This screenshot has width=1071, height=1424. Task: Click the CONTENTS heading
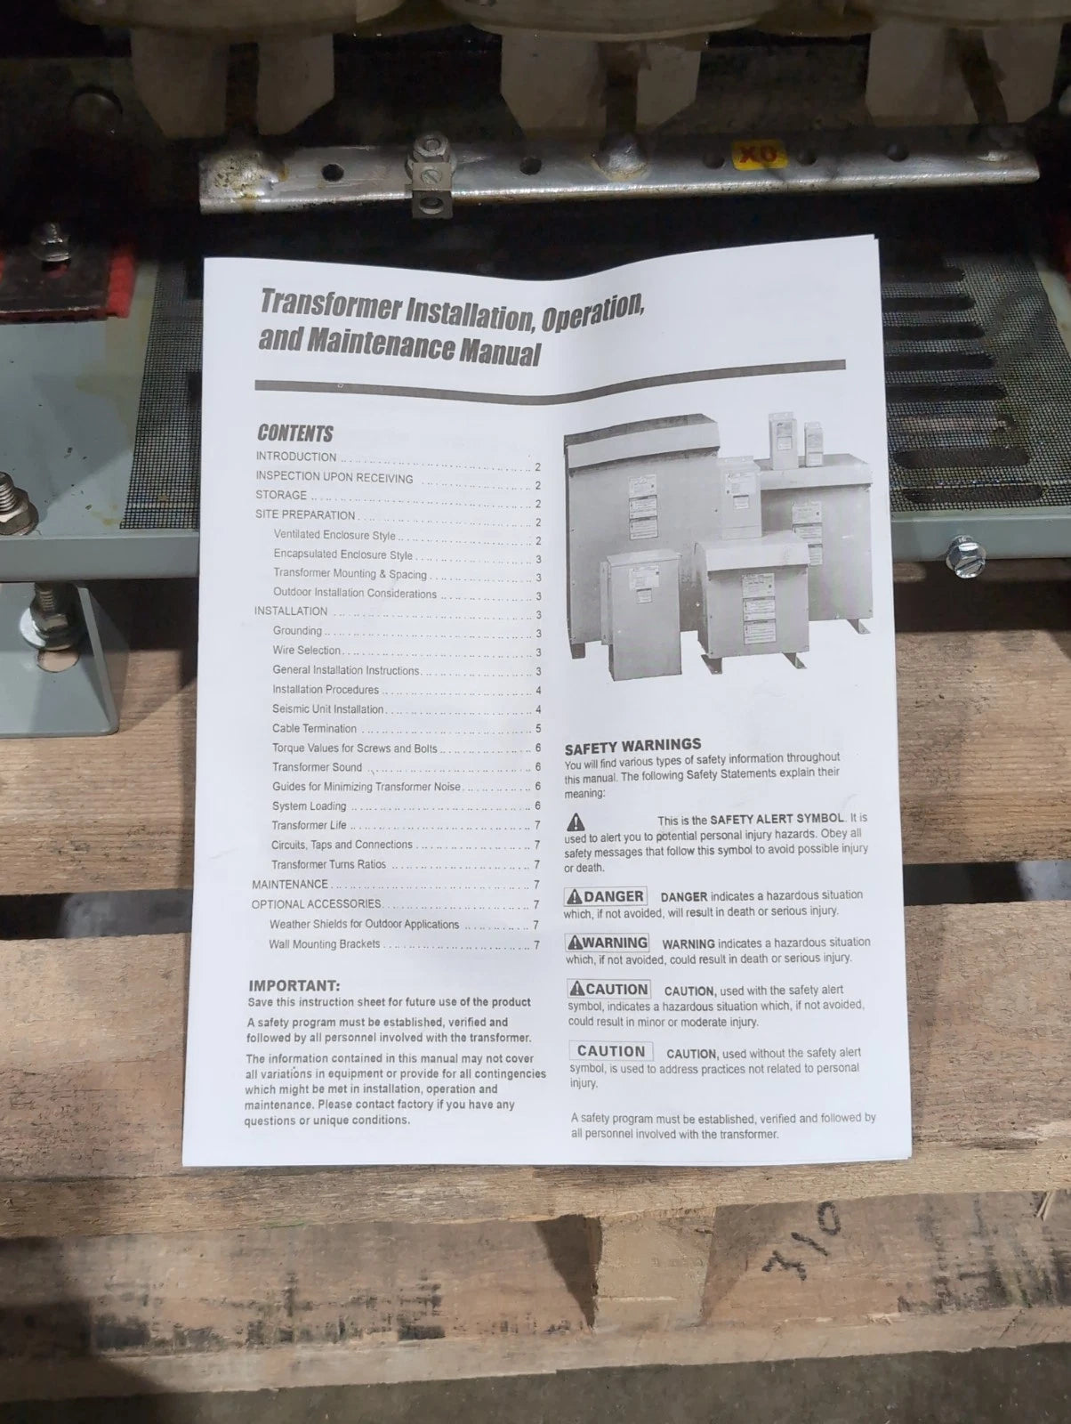[294, 433]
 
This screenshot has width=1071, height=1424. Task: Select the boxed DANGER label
[605, 896]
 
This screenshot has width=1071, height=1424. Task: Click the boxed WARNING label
[608, 943]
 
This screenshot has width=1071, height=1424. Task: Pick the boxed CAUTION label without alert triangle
[610, 1051]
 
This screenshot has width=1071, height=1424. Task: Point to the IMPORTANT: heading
[294, 985]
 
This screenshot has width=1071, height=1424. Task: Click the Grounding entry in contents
[297, 631]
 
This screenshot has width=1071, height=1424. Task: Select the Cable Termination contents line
[314, 728]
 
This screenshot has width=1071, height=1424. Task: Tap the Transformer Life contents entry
[309, 825]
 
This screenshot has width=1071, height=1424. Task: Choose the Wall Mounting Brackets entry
[324, 943]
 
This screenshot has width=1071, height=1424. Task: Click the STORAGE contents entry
[281, 495]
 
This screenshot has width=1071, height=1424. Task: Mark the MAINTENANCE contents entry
[290, 884]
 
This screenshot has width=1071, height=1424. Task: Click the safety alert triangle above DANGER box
[576, 821]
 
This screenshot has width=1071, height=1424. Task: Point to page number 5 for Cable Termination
[538, 729]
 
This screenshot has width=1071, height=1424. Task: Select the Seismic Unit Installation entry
[327, 709]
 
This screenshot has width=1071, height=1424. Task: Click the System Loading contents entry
[309, 806]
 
